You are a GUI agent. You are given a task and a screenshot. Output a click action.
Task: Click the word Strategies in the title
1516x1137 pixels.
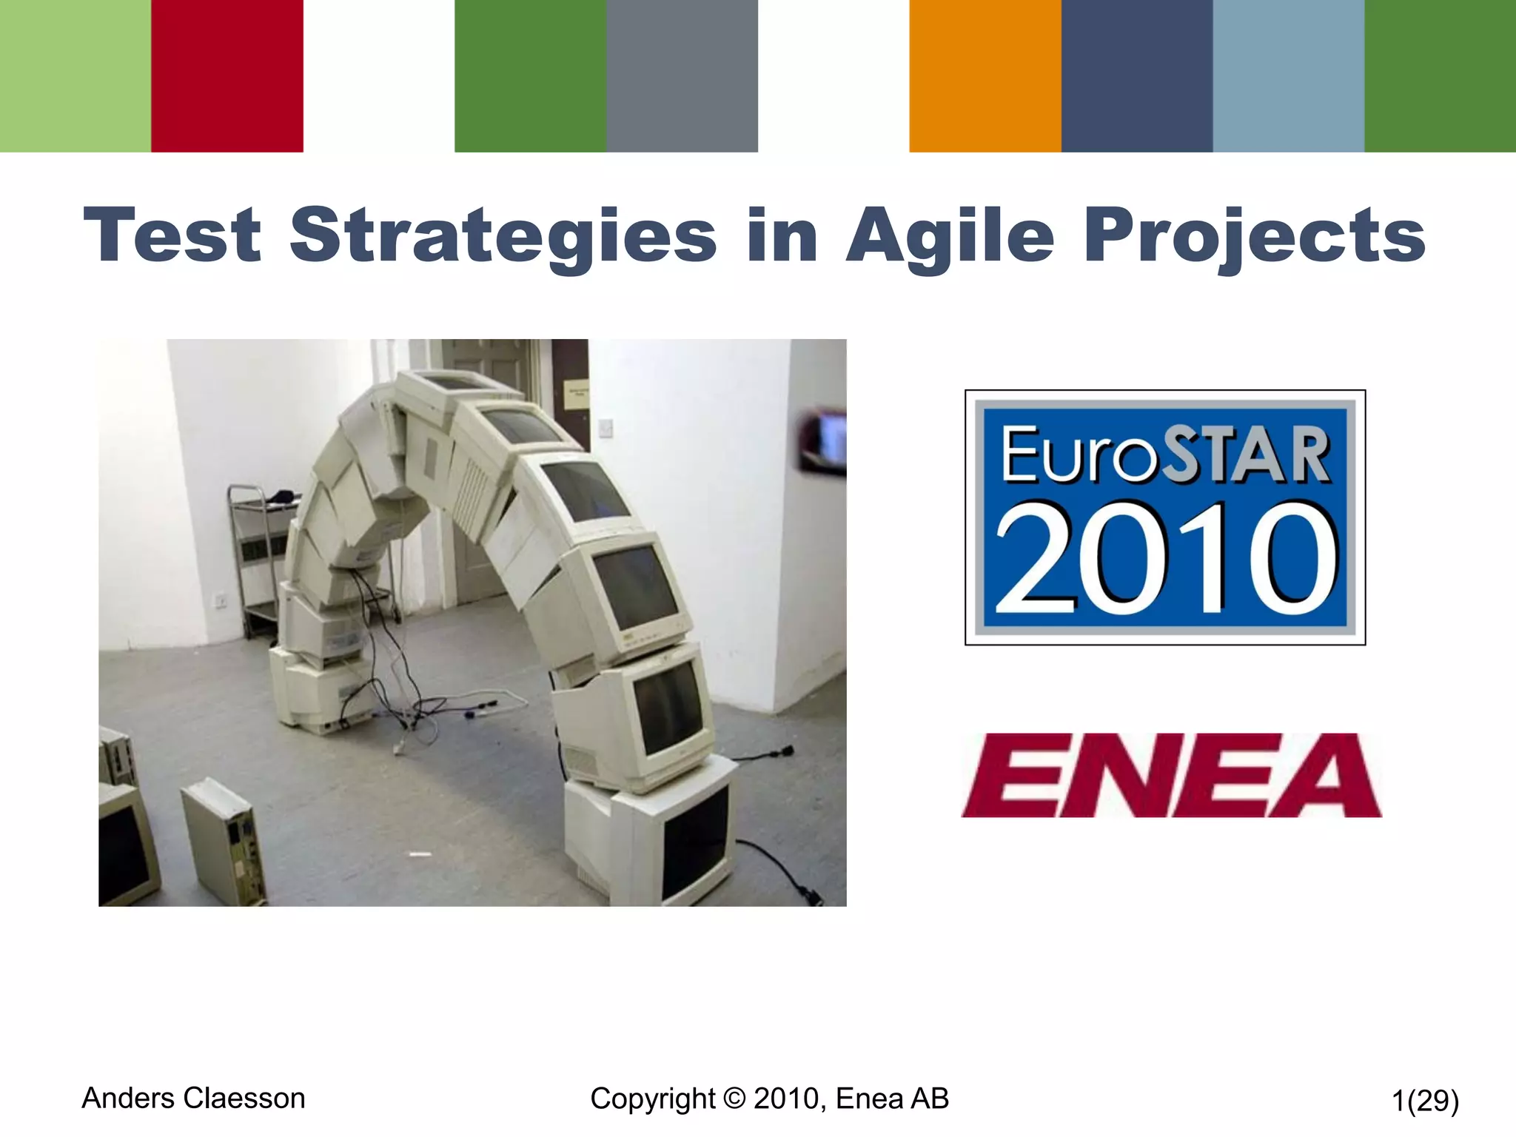point(503,235)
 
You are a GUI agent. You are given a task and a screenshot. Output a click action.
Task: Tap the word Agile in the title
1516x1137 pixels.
point(950,235)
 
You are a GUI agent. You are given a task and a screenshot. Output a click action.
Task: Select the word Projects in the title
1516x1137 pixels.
point(1254,235)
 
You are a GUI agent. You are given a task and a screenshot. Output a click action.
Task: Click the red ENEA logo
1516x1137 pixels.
point(1171,775)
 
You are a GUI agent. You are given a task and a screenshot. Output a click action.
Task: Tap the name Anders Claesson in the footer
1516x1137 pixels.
point(193,1099)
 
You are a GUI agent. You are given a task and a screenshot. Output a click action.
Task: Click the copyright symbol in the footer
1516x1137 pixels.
point(734,1099)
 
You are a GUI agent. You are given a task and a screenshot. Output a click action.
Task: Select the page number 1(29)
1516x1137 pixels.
point(1425,1101)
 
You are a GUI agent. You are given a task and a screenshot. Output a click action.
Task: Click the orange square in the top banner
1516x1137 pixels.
point(985,76)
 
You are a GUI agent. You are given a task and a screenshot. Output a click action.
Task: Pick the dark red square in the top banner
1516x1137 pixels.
point(227,76)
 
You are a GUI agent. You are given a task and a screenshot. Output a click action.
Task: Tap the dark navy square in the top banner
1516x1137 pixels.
point(1137,76)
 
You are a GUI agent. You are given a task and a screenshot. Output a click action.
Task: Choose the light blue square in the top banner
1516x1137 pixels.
point(1288,76)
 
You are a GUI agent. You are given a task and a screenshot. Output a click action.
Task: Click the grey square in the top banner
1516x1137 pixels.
point(682,76)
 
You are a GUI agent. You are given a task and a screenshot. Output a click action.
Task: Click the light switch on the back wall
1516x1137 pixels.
point(606,428)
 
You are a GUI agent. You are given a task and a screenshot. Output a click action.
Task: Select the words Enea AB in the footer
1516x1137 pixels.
point(892,1099)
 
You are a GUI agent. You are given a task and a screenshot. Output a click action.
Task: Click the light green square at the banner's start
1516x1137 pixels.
point(76,76)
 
